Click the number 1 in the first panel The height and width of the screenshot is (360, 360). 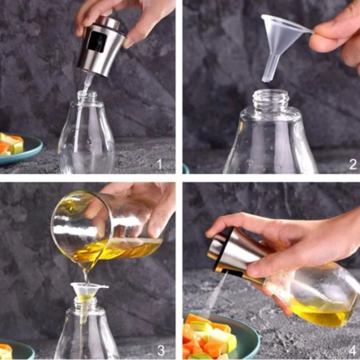click(159, 164)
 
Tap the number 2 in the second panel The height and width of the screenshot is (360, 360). click(353, 164)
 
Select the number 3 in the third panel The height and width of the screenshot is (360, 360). click(161, 350)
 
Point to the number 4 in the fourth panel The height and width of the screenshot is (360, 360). click(353, 350)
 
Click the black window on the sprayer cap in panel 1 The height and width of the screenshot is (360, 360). click(97, 42)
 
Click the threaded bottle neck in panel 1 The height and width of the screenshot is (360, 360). click(87, 97)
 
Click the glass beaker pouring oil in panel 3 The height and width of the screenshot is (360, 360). click(106, 229)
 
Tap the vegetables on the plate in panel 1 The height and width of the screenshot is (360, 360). click(12, 144)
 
